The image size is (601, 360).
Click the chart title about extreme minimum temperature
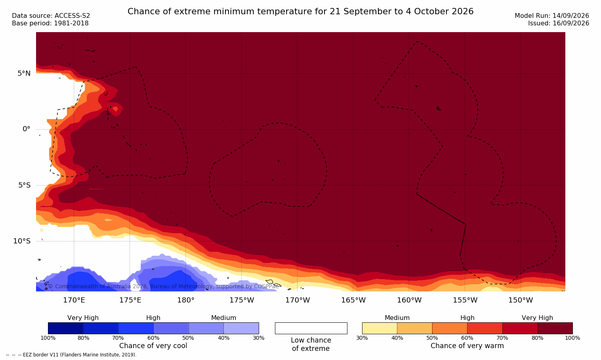tap(300, 11)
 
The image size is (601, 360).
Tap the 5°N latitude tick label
tap(24, 73)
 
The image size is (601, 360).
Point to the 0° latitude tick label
tap(26, 129)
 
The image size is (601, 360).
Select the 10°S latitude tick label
tap(22, 241)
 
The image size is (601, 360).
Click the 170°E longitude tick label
tap(74, 300)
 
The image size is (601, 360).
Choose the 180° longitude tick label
tap(186, 300)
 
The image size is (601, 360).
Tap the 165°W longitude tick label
tap(353, 300)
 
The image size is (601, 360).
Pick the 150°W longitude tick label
tap(521, 300)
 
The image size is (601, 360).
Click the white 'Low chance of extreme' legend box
tap(311, 328)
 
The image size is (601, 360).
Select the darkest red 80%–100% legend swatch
tap(555, 328)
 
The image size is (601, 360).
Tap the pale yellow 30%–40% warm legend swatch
tap(380, 328)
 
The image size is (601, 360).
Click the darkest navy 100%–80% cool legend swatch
tap(66, 328)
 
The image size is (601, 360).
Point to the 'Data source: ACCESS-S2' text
tap(51, 16)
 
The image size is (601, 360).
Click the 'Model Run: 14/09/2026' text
tap(551, 16)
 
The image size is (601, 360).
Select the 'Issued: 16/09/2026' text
tap(559, 23)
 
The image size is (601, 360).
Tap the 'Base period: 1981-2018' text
tap(50, 23)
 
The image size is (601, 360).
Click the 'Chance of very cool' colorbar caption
tap(153, 346)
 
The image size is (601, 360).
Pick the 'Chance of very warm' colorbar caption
tap(467, 346)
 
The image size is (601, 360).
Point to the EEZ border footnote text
tap(71, 355)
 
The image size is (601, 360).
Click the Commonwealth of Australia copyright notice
tap(163, 286)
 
